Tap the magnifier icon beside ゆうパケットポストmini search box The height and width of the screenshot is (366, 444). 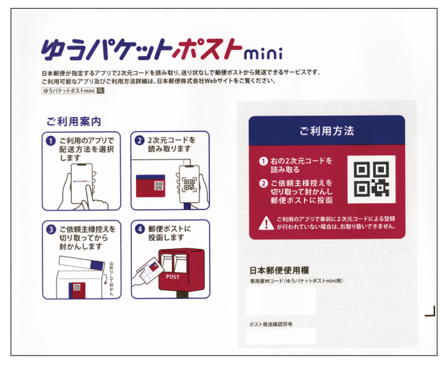point(100,90)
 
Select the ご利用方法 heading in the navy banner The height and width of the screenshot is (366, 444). point(326,130)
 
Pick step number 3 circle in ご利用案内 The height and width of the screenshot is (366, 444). point(51,229)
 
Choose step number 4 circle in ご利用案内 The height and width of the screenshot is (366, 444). point(139,229)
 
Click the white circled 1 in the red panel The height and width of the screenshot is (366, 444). point(263,161)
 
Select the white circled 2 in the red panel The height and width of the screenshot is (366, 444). point(263,183)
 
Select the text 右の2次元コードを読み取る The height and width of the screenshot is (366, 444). point(301,166)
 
